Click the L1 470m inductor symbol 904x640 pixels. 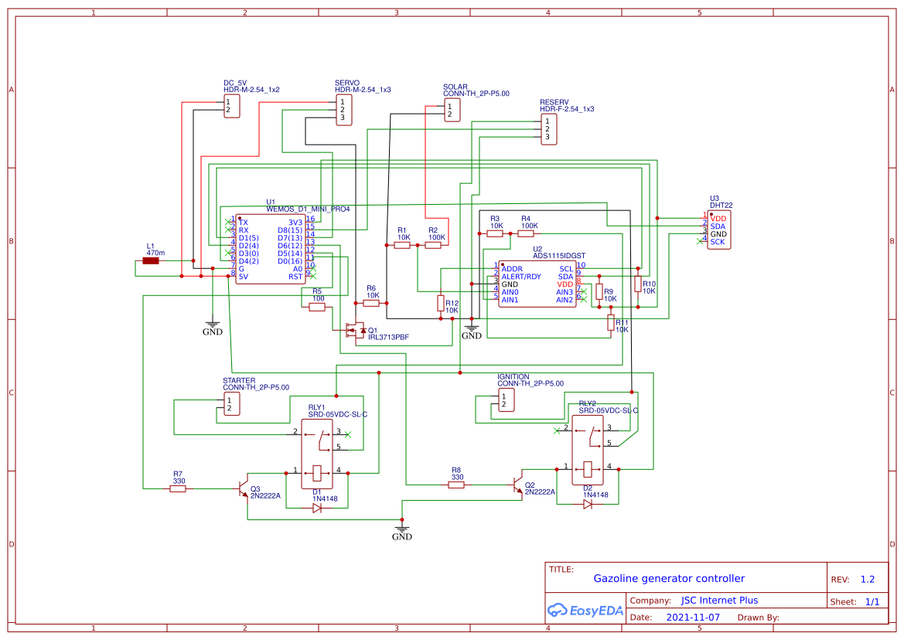tap(151, 260)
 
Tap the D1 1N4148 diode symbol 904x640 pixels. tap(317, 508)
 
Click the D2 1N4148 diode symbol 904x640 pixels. tap(588, 504)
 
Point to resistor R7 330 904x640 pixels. tap(179, 489)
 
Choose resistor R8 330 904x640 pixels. tap(456, 485)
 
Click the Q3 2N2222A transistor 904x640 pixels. tap(243, 489)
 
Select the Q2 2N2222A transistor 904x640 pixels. tap(518, 485)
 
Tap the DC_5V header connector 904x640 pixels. tap(231, 106)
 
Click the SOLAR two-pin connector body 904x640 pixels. tap(452, 111)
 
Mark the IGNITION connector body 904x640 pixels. tap(506, 400)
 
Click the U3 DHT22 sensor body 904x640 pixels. tap(718, 230)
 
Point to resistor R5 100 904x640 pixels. tap(317, 307)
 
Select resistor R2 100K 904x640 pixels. tap(433, 245)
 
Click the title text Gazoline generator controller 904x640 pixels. tap(669, 578)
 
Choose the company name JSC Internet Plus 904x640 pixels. tap(719, 601)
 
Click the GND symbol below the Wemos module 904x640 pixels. tap(212, 328)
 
